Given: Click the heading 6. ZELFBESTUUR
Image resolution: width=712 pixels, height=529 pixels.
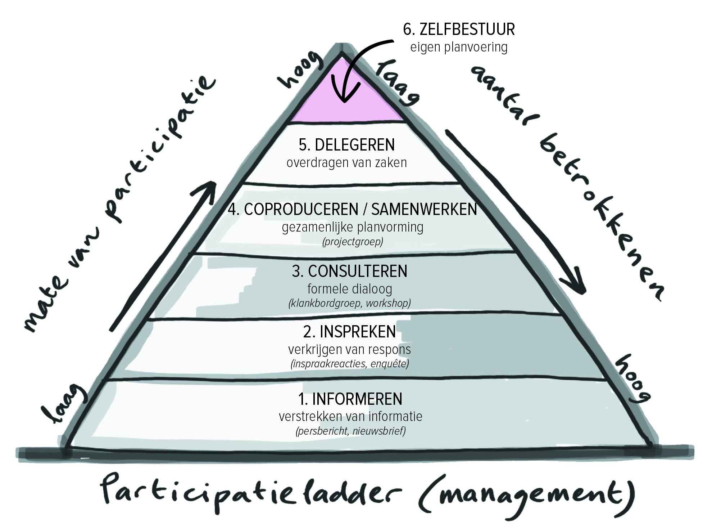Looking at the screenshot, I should (459, 30).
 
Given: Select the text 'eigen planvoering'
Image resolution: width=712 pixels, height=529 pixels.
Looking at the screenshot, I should (459, 48).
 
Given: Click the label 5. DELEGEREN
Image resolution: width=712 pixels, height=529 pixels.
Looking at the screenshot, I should (347, 145).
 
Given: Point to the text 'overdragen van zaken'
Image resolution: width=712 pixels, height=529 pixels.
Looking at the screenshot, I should (347, 163).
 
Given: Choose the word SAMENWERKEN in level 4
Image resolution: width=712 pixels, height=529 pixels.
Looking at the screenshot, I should (424, 210).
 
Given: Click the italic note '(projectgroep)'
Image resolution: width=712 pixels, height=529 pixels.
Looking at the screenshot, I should (353, 242).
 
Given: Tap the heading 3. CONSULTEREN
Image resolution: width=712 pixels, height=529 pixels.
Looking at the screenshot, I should (350, 271).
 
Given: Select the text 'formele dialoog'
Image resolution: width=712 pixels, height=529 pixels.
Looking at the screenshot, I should (350, 289).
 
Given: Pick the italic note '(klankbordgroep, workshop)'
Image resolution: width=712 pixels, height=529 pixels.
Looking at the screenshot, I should (350, 303).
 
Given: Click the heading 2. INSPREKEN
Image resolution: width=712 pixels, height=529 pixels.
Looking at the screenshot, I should (350, 332).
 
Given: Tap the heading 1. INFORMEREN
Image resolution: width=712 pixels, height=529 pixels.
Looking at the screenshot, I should (350, 399).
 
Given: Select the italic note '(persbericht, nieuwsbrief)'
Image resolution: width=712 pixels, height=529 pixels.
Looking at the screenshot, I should (351, 431).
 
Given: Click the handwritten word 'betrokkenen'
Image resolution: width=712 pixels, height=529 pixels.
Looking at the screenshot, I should (601, 220).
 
